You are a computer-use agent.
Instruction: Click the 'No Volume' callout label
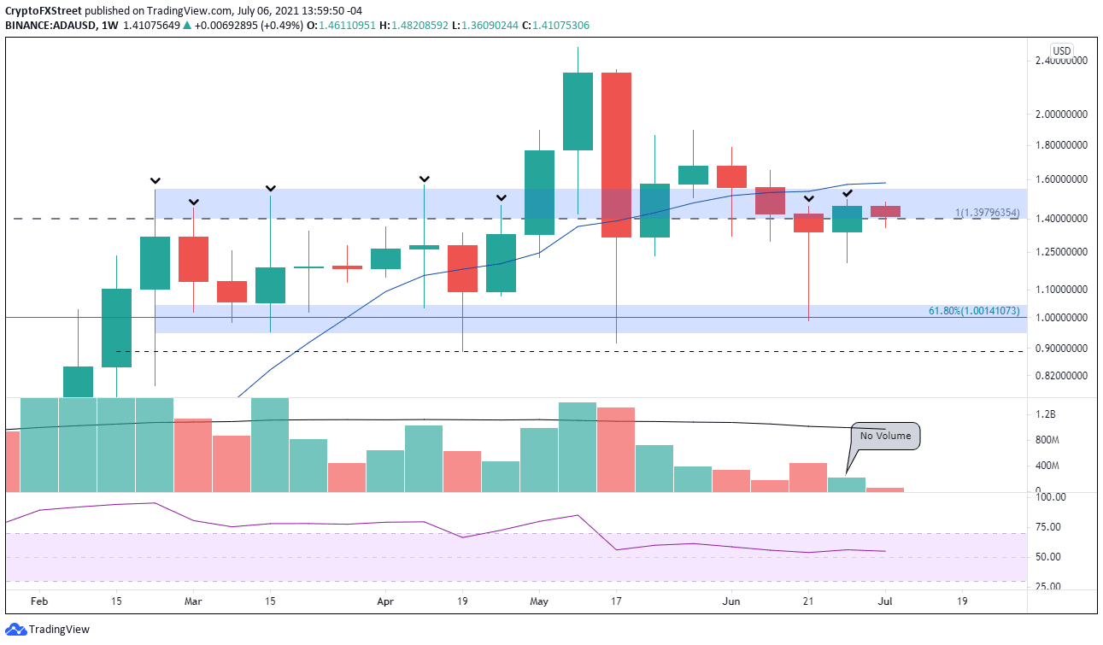[x=885, y=436]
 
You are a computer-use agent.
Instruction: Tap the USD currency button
[x=1062, y=51]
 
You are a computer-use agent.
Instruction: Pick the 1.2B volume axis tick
[x=1047, y=415]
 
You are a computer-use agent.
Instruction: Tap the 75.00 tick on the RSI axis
[x=1048, y=527]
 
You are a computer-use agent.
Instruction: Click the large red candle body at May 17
[x=616, y=155]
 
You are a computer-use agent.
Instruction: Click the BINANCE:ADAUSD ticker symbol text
[x=52, y=26]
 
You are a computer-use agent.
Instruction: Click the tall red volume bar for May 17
[x=616, y=449]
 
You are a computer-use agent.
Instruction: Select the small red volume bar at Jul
[x=885, y=490]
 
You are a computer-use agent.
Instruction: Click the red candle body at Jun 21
[x=808, y=223]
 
